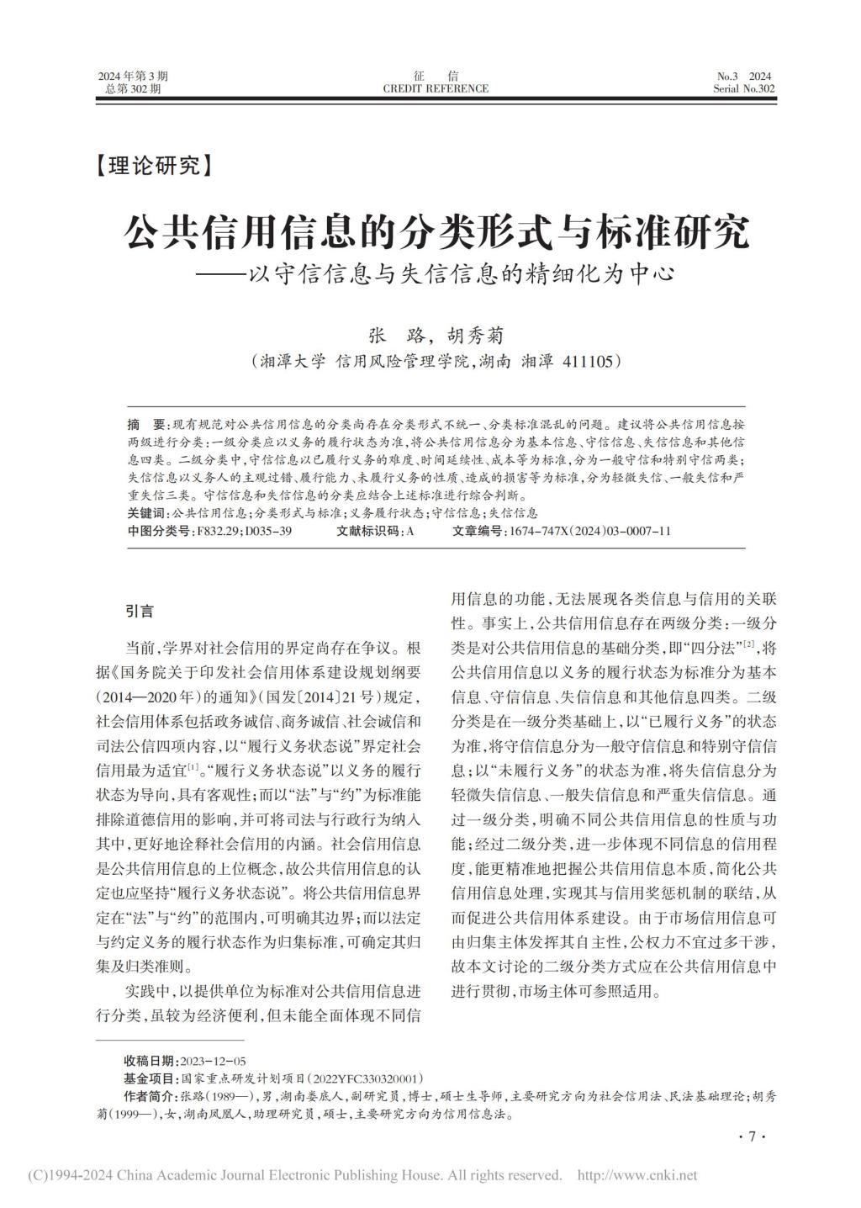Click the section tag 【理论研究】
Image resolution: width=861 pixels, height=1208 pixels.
click(152, 166)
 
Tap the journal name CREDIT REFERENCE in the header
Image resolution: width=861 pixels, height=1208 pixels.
click(435, 88)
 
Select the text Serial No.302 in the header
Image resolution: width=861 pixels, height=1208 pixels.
click(744, 88)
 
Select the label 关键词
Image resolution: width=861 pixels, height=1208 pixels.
click(146, 512)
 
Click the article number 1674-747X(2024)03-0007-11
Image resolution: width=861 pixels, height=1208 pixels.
click(588, 531)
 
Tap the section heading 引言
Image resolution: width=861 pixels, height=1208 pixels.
click(140, 611)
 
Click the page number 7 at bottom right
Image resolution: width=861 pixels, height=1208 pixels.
click(751, 1137)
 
